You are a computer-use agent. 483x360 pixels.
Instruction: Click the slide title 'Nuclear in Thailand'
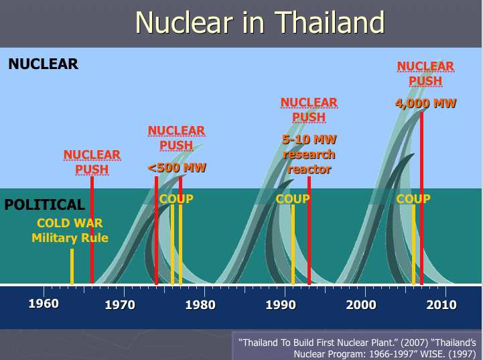[260, 22]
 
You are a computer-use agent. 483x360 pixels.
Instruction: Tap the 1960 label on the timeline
[43, 305]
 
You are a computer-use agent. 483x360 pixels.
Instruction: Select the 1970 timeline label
[120, 305]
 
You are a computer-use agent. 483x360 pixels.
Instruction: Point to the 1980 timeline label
[200, 305]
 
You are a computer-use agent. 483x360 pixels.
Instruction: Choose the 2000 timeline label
[361, 305]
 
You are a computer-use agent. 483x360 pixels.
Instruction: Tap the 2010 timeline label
[441, 305]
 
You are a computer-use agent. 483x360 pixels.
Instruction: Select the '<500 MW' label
[177, 167]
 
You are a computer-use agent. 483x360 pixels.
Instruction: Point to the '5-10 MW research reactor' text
[309, 154]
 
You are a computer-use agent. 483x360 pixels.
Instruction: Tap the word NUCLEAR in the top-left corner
[44, 64]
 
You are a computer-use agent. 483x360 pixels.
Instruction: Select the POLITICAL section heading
[45, 204]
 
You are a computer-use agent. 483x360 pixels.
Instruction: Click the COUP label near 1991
[293, 198]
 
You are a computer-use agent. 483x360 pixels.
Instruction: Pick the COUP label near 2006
[413, 198]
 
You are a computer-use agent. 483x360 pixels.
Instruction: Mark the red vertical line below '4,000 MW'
[422, 201]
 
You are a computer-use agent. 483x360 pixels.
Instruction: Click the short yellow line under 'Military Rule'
[72, 266]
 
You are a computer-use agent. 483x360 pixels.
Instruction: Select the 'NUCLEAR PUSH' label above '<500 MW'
[176, 137]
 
